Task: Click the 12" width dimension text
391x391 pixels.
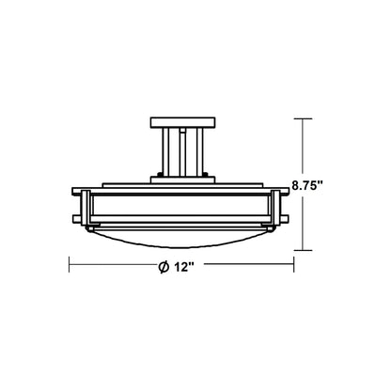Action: point(182,268)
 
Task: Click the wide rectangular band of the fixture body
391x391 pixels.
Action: point(184,207)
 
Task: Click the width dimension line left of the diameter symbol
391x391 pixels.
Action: point(113,268)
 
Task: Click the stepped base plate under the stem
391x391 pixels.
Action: point(184,181)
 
